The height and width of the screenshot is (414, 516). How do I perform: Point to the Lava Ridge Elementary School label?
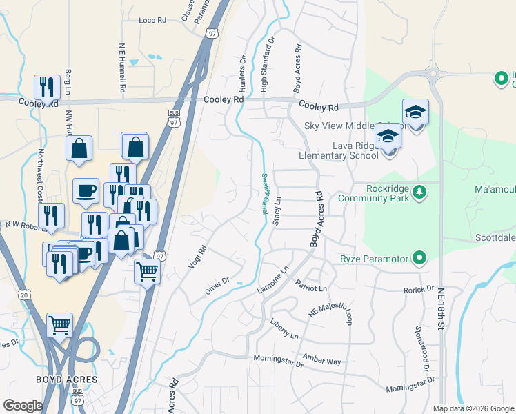[338, 150]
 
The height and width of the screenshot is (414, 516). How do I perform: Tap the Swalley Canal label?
[265, 193]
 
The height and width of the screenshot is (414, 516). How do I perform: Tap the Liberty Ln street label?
[284, 328]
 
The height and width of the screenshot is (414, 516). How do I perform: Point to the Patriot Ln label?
[310, 286]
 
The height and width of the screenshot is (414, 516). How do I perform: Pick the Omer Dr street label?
[217, 286]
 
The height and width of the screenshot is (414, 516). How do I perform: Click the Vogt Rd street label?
[198, 258]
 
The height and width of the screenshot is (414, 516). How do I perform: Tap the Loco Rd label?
[153, 21]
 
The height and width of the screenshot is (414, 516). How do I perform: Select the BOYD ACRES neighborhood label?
[67, 379]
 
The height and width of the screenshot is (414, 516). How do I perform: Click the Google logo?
[23, 406]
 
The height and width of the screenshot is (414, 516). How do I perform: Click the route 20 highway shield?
[24, 295]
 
